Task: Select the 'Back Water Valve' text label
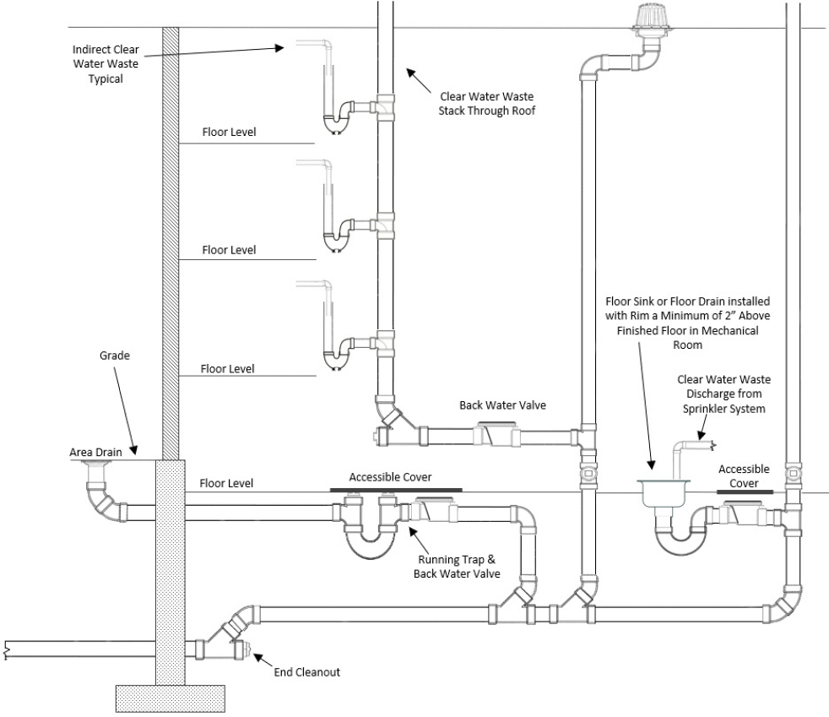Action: (502, 405)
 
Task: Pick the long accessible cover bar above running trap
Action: (395, 489)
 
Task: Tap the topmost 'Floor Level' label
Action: (228, 133)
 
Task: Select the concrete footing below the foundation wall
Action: (170, 697)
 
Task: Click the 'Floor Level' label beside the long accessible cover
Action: (226, 484)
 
